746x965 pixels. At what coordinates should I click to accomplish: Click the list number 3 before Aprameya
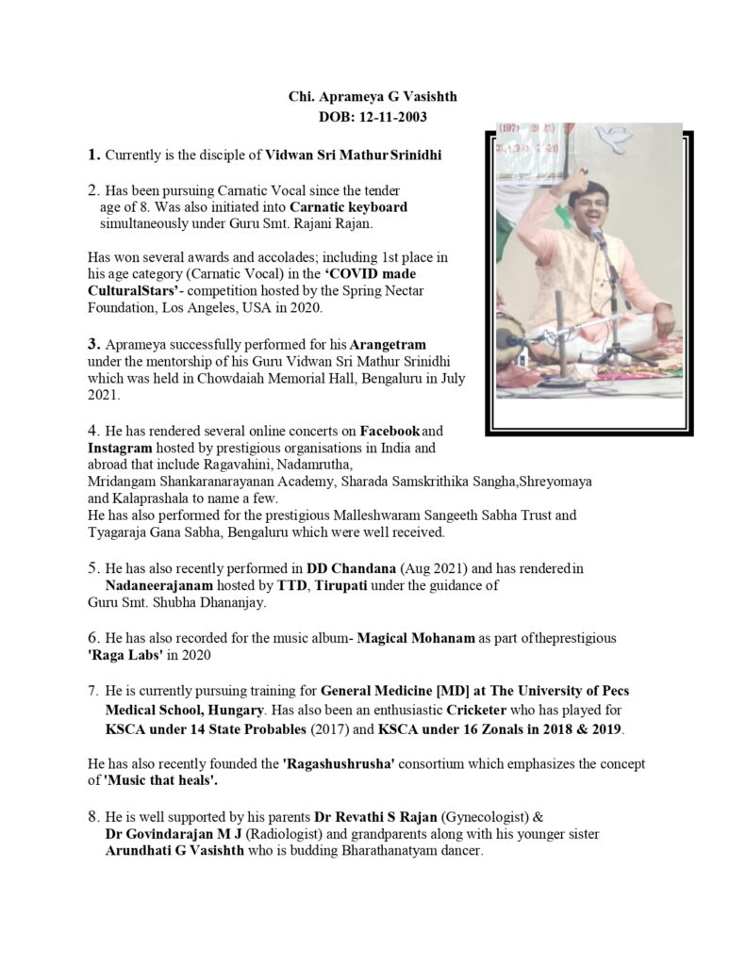(93, 343)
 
